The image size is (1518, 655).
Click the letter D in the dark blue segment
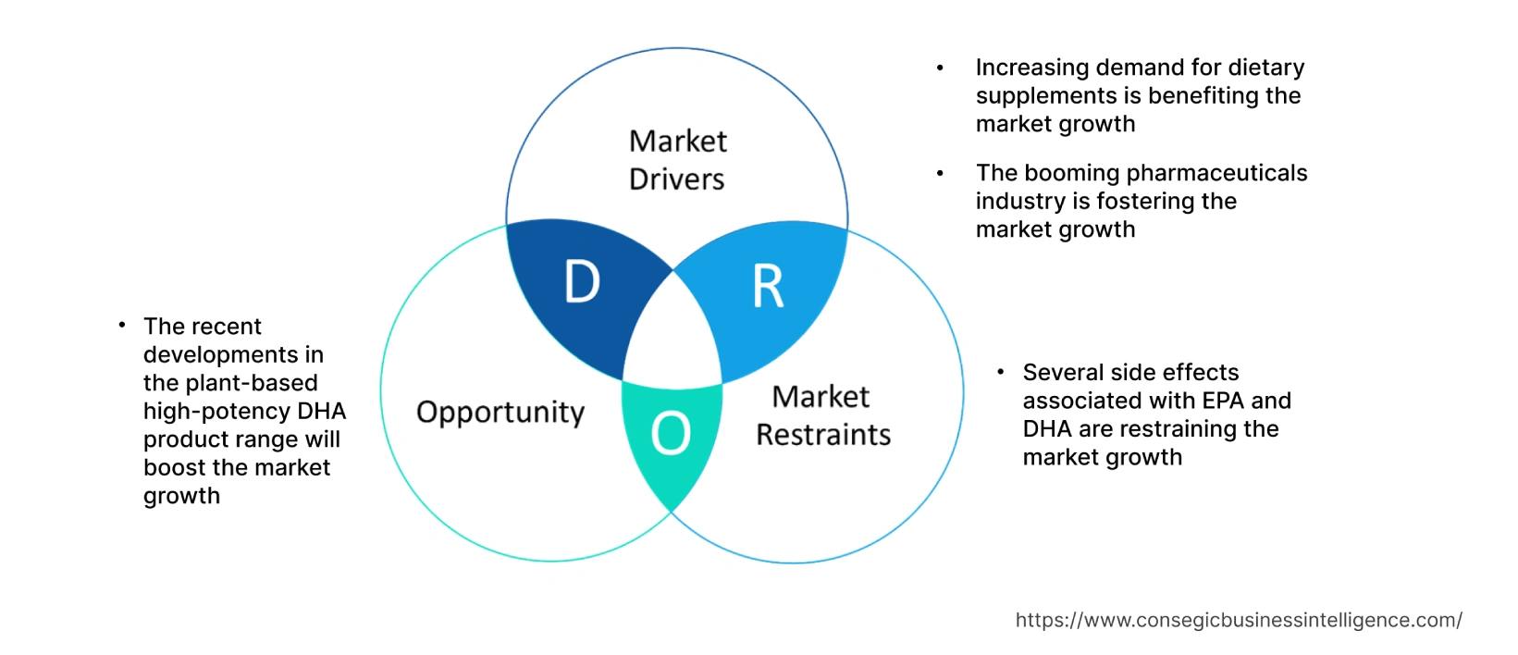582,281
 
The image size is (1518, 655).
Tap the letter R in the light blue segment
768,287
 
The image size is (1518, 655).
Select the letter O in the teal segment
671,433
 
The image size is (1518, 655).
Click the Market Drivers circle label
677,160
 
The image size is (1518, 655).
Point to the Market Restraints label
822,415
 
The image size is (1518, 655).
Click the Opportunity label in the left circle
500,412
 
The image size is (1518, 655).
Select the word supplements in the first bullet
1046,96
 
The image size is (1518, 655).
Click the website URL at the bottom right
1239,620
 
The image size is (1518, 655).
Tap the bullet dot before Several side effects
1001,372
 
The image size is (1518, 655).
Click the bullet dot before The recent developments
122,325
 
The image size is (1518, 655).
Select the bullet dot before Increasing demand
940,68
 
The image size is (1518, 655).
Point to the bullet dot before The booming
940,173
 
